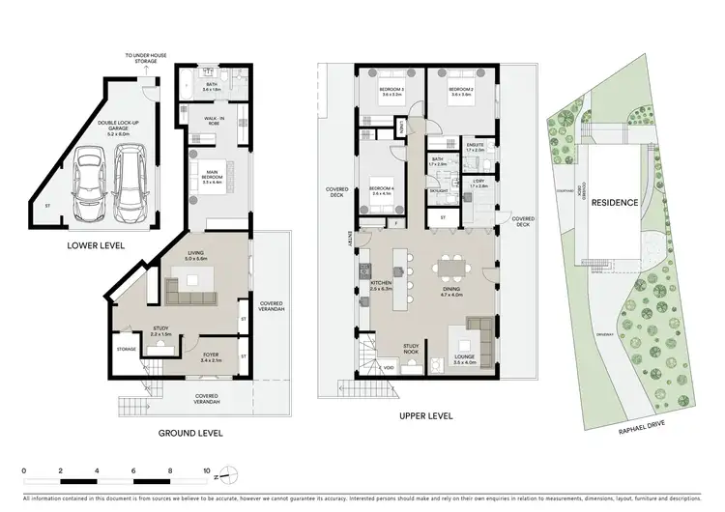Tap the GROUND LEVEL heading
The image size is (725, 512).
pyautogui.click(x=190, y=434)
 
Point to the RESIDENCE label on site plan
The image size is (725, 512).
pyautogui.click(x=615, y=203)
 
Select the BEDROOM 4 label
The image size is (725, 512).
pyautogui.click(x=382, y=189)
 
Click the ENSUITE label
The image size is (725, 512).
pyautogui.click(x=474, y=147)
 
